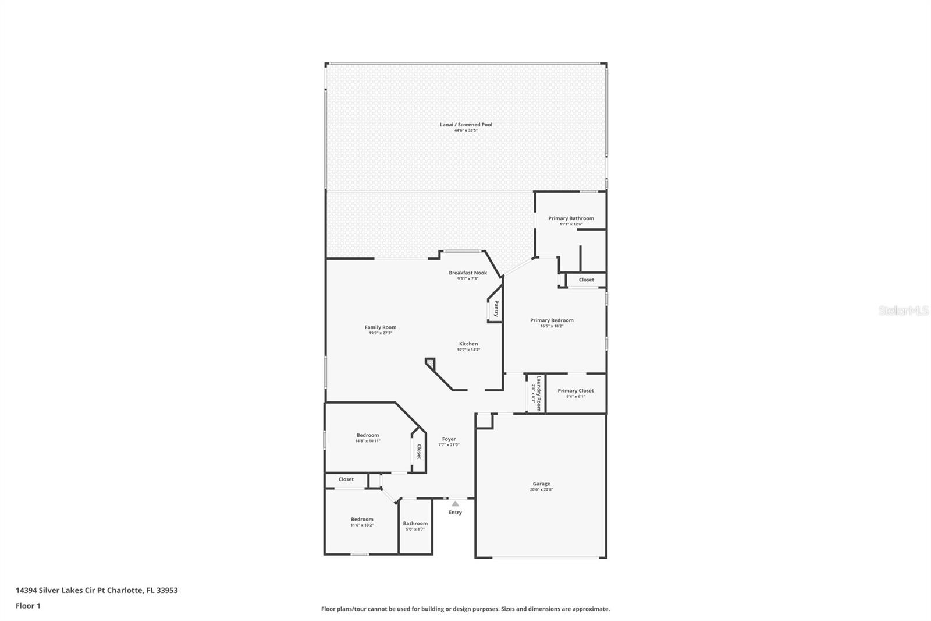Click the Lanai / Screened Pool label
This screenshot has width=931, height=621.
[x=465, y=124]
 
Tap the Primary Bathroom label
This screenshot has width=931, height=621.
[x=571, y=218]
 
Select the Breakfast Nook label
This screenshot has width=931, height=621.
[x=468, y=273]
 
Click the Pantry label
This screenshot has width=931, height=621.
[x=496, y=309]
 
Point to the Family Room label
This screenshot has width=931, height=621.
[x=381, y=327]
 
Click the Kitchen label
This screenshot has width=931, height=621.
[x=468, y=344]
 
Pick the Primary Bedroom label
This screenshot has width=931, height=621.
[x=552, y=320]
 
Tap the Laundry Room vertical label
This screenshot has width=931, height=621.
[x=539, y=394]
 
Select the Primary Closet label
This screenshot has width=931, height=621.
[x=575, y=391]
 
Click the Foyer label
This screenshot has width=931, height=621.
[x=449, y=439]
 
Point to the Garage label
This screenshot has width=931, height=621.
[x=541, y=484]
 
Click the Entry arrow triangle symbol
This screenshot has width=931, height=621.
[x=455, y=504]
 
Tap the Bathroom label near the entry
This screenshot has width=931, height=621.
[x=415, y=523]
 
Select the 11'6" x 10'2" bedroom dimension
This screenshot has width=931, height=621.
[x=362, y=525]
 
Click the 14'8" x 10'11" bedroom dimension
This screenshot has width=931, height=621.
[x=368, y=441]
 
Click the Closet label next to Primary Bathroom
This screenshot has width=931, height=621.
[x=587, y=280]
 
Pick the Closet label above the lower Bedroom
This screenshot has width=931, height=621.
[x=346, y=479]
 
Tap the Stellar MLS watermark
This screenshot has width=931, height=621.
[x=903, y=311]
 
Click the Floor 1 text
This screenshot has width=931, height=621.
[x=28, y=606]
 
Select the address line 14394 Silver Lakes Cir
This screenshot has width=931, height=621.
[x=97, y=590]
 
